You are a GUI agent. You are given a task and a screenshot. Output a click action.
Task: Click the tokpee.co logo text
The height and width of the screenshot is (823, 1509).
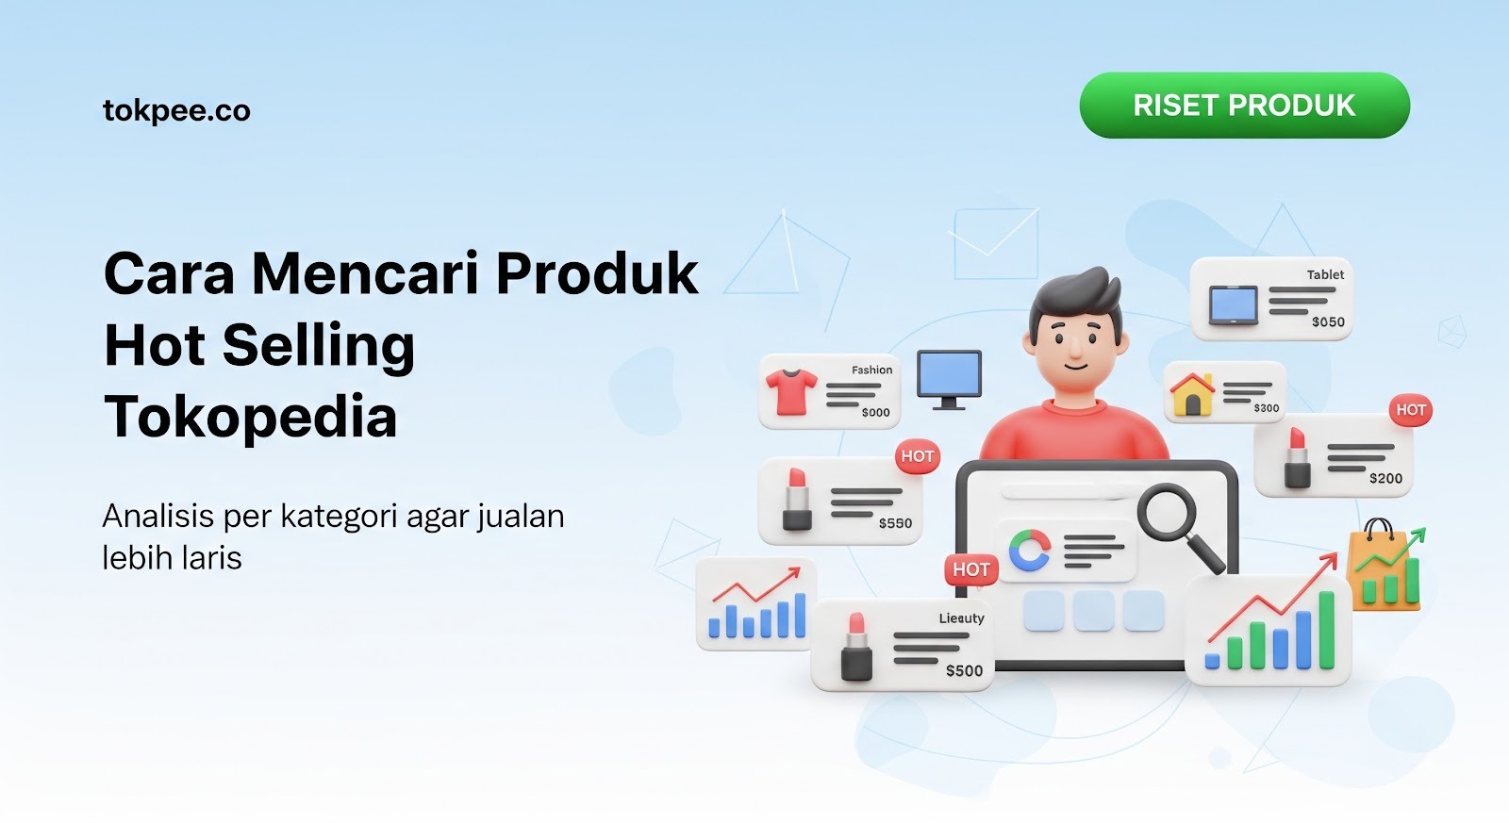point(176,111)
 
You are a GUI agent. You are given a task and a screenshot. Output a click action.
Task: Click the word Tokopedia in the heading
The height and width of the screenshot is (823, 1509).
point(250,417)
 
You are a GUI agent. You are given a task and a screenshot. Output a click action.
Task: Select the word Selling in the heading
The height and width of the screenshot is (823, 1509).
point(319,345)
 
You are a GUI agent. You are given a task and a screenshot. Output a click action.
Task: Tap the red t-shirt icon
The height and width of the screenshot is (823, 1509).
point(790,391)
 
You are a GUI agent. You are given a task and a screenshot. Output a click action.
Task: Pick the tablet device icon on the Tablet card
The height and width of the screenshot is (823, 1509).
point(1234,305)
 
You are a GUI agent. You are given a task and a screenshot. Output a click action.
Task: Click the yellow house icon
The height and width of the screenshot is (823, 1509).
point(1192,393)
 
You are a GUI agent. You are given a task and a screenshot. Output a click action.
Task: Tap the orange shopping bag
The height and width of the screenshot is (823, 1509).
point(1383,567)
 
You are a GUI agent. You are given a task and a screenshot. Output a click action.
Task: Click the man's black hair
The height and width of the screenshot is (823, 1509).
point(1076,296)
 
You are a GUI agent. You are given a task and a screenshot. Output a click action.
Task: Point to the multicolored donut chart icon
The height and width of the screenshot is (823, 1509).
point(1029,551)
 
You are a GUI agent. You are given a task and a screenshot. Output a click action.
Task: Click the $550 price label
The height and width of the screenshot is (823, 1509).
point(895,523)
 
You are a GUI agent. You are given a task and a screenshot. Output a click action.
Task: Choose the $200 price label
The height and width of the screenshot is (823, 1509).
point(1385,478)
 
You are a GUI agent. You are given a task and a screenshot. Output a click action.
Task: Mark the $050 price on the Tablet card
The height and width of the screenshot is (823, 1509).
point(1328,321)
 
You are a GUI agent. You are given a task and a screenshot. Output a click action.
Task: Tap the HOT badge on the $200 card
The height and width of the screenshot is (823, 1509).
point(1410,410)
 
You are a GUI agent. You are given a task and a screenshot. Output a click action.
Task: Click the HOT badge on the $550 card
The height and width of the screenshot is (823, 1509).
point(917,456)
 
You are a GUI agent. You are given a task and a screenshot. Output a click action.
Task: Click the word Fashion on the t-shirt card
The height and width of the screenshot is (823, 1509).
point(871,370)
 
